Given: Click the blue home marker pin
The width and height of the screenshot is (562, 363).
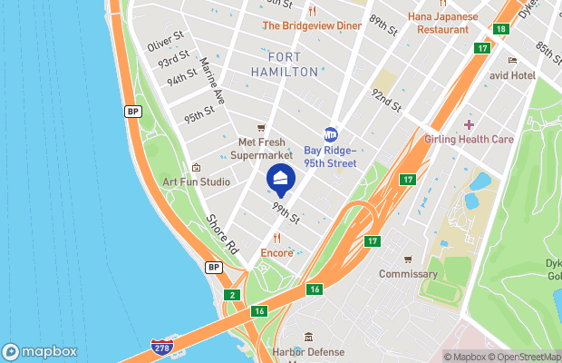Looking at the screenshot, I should (x=280, y=179).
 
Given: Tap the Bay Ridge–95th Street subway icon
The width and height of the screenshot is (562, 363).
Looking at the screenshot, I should (x=331, y=134).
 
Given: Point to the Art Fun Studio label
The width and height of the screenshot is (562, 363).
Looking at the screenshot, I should (x=196, y=181).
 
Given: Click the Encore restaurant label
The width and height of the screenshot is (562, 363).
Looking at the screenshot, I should (x=276, y=252).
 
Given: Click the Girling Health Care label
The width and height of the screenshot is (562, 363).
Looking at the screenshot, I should (x=469, y=139).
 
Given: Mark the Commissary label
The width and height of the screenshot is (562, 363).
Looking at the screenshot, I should (x=408, y=273).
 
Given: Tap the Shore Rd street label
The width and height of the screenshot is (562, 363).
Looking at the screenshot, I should (x=221, y=232).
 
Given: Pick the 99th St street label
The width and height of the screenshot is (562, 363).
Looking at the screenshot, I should (x=286, y=214).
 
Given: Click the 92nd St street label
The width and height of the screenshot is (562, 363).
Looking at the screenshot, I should (x=385, y=99).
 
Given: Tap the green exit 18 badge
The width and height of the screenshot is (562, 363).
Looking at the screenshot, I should (x=501, y=30).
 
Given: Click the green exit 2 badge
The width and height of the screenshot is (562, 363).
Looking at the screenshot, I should (x=233, y=295).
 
